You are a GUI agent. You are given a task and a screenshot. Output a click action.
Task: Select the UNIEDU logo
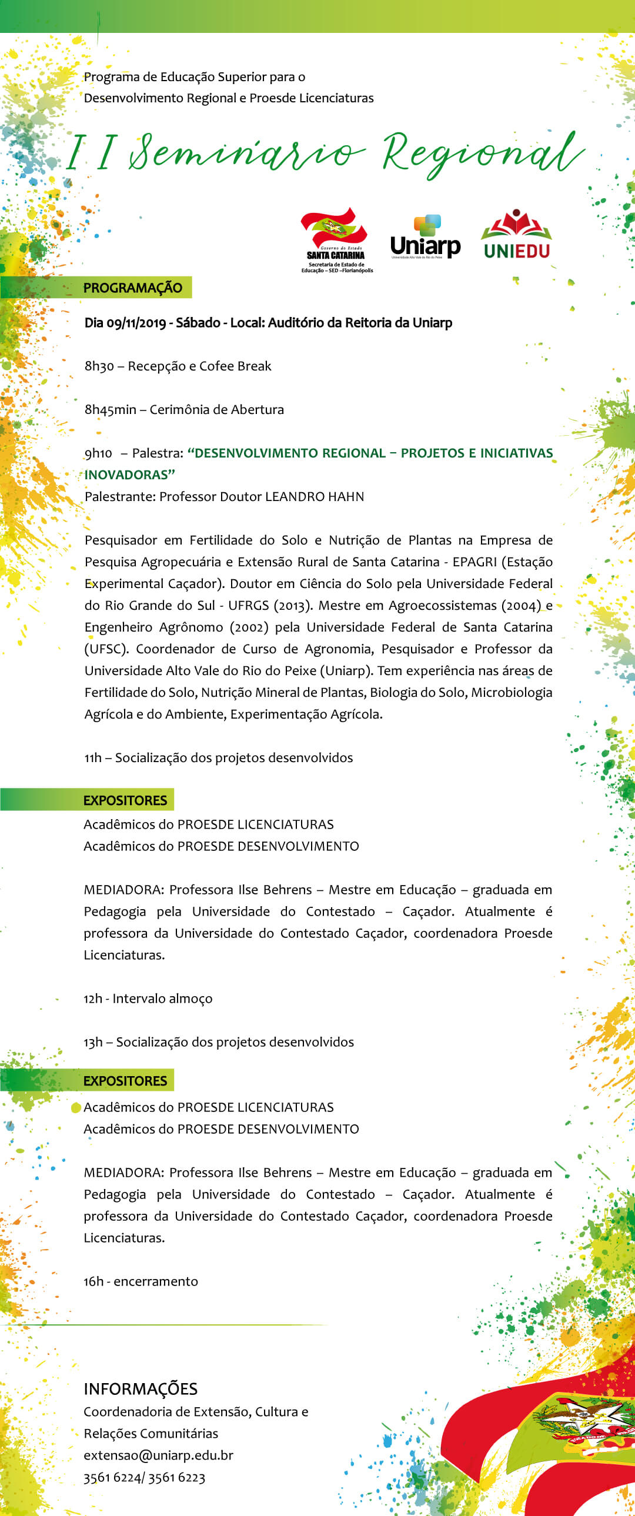click(x=516, y=235)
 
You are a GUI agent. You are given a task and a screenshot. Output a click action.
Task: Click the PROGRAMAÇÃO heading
click(x=132, y=288)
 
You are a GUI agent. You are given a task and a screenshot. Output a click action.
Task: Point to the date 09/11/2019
click(x=136, y=323)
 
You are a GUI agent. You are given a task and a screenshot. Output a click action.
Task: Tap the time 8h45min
click(x=110, y=410)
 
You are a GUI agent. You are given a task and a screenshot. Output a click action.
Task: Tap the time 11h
click(x=92, y=758)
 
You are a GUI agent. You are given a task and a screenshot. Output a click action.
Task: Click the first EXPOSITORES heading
click(x=125, y=800)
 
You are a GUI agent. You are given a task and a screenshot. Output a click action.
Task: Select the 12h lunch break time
click(x=92, y=999)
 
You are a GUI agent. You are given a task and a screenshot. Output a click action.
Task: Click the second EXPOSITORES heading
click(x=125, y=1081)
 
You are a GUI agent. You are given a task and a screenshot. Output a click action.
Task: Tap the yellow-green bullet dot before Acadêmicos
click(x=76, y=1107)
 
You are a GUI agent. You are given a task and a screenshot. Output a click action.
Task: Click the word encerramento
click(x=155, y=1282)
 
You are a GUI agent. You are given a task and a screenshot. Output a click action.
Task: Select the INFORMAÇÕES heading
click(x=140, y=1389)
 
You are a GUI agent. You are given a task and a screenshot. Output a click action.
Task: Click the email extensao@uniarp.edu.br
click(x=158, y=1455)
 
